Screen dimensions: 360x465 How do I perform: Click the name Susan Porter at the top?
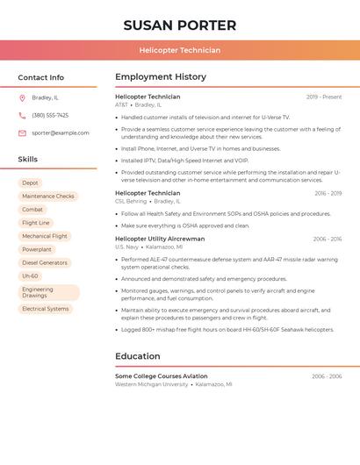coord(179,25)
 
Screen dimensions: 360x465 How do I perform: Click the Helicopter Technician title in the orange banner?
coord(179,50)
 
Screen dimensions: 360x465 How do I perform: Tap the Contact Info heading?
coord(40,77)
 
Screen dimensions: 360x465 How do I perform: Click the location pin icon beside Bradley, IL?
coord(22,97)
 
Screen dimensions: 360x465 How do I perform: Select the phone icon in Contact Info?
coord(22,115)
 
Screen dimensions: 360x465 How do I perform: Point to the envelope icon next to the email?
coord(22,132)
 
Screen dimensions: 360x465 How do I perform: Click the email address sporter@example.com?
coord(61,132)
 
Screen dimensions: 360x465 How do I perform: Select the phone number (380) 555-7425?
coord(50,115)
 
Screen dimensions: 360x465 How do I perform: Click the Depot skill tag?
coord(31,182)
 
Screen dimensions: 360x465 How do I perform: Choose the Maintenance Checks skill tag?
coord(48,197)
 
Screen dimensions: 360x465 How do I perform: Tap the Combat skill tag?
coord(32,210)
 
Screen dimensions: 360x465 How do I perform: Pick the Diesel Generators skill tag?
coord(45,262)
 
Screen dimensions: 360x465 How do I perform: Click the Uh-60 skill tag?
coord(31,275)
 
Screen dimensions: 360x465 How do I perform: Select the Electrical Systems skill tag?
coord(46,309)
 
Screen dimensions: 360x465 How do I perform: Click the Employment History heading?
coord(161,77)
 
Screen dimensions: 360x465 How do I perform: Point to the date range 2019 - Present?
coord(324,97)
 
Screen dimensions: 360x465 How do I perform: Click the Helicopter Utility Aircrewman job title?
coord(160,239)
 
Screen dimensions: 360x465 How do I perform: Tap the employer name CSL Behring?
coord(131,201)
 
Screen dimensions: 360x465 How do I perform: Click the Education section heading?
coord(138,356)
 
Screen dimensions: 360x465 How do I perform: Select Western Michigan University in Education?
coord(152,384)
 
